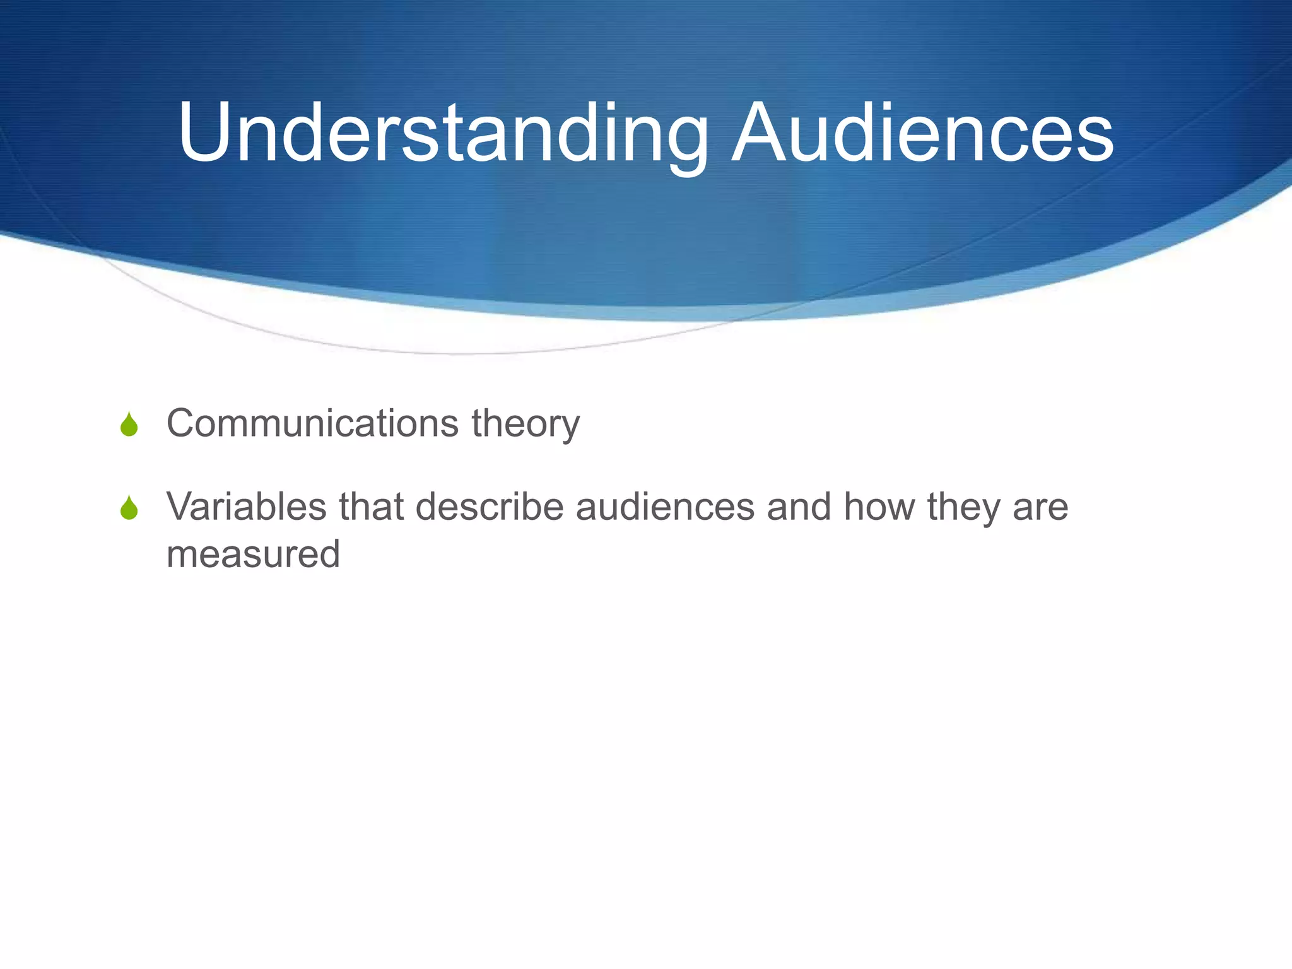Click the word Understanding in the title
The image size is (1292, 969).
(x=442, y=134)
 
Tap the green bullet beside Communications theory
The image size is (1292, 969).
(x=129, y=425)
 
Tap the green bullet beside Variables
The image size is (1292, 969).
(x=129, y=508)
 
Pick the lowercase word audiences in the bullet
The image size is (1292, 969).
(x=665, y=507)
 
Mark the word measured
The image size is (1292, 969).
(x=253, y=555)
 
